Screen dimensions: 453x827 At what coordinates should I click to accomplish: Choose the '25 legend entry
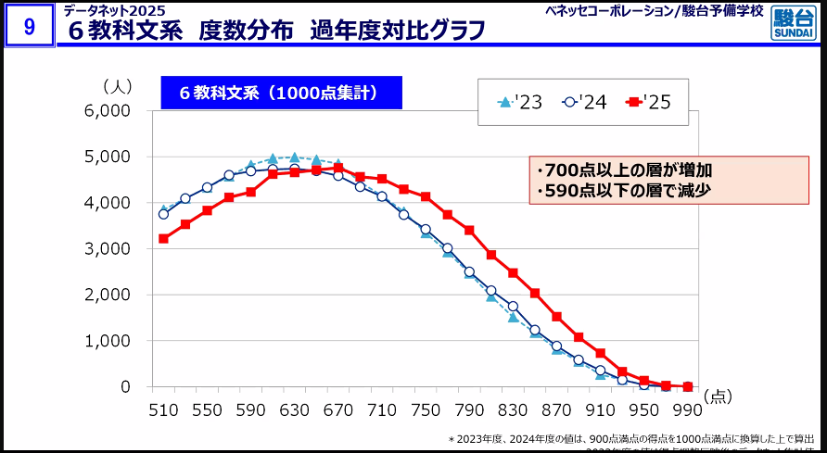649,102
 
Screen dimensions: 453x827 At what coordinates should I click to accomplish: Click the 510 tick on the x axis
164,410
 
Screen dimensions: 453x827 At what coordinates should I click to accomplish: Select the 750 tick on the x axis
426,410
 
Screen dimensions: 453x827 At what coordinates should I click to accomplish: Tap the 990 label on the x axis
687,410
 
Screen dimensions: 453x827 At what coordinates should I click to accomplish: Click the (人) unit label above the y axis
118,86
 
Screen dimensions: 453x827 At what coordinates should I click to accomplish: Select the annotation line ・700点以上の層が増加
623,171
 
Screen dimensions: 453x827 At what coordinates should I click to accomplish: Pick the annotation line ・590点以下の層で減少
623,192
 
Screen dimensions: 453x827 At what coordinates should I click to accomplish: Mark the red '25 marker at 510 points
164,238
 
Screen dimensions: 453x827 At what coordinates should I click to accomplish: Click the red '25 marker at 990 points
687,386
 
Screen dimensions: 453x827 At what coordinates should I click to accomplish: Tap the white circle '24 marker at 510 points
164,214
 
